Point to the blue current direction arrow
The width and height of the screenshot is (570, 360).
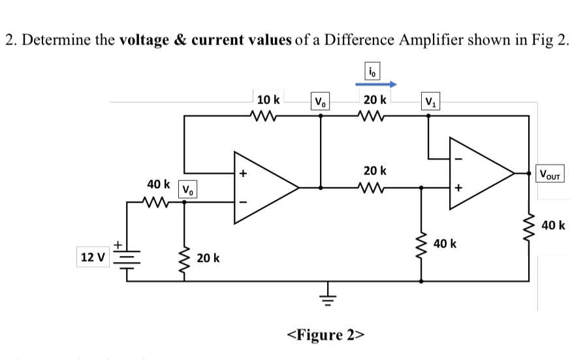click(376, 84)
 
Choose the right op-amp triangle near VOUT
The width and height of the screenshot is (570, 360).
click(480, 174)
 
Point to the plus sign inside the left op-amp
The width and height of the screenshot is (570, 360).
click(242, 174)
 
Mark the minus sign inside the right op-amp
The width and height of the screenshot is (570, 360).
click(457, 159)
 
